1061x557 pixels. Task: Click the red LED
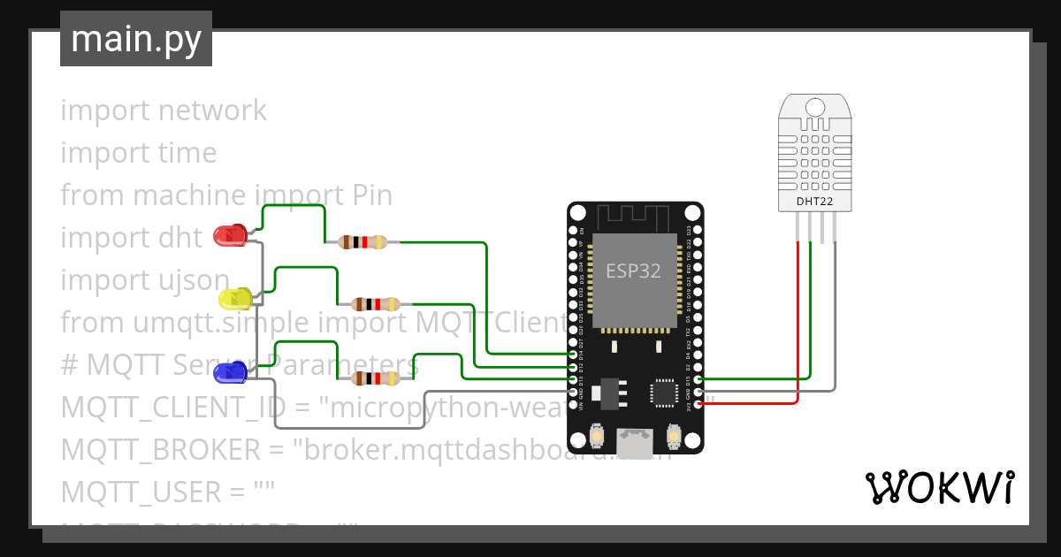(232, 235)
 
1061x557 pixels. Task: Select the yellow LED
(236, 299)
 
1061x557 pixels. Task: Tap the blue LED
(231, 371)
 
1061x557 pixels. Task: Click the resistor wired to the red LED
(363, 242)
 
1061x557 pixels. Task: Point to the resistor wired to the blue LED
(377, 378)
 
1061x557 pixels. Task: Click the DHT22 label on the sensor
(814, 202)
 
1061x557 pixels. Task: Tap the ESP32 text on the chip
(633, 271)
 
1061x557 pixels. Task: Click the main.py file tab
(136, 39)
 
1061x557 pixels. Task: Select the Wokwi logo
(939, 487)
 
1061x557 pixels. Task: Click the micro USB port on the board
(636, 443)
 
